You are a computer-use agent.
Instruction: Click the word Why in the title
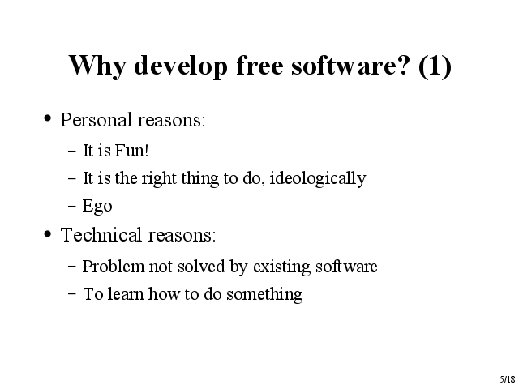click(x=97, y=66)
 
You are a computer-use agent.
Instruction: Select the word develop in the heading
click(x=181, y=66)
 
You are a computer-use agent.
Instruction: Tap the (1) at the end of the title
click(x=435, y=66)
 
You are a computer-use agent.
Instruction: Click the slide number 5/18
click(x=507, y=379)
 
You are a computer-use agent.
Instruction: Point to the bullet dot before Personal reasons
click(x=48, y=118)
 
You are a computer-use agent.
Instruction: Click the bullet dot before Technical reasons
click(x=48, y=234)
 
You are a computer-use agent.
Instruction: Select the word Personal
click(x=96, y=119)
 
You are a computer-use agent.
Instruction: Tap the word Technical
click(x=101, y=234)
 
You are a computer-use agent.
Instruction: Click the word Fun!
click(x=131, y=151)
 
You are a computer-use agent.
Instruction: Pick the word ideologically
click(x=318, y=178)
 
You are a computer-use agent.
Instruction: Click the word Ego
click(x=97, y=207)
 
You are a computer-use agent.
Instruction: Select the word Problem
click(x=114, y=267)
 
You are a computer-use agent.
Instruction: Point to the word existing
click(x=281, y=267)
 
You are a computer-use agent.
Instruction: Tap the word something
click(x=264, y=294)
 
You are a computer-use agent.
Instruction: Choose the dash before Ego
click(x=72, y=205)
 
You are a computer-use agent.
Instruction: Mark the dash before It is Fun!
click(x=72, y=151)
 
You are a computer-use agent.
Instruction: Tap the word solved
click(x=201, y=267)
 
